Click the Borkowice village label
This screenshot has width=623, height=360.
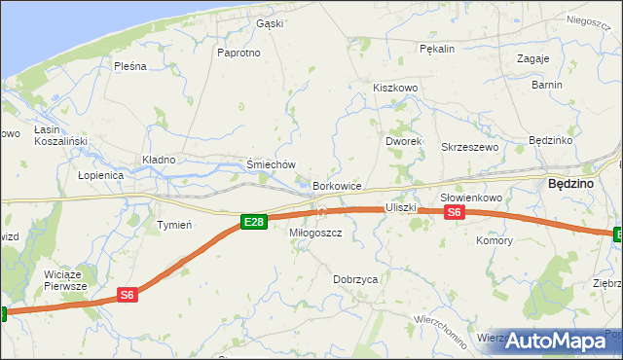pyautogui.click(x=338, y=185)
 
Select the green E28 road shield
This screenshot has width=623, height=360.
pyautogui.click(x=253, y=223)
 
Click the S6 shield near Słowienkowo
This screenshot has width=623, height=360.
pyautogui.click(x=456, y=213)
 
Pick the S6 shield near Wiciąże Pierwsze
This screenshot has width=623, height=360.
pyautogui.click(x=127, y=294)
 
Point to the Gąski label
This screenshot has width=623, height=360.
pyautogui.click(x=269, y=23)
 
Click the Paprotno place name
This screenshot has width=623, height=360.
pyautogui.click(x=239, y=53)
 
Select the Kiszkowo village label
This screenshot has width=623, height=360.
pyautogui.click(x=395, y=88)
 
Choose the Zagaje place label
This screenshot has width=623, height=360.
pyautogui.click(x=533, y=58)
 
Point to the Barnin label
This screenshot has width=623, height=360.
pyautogui.click(x=547, y=85)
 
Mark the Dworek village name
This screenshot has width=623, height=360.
pyautogui.click(x=402, y=141)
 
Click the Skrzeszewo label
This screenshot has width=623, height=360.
pyautogui.click(x=470, y=147)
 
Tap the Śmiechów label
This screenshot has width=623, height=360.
pyautogui.click(x=271, y=165)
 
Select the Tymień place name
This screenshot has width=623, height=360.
pyautogui.click(x=174, y=225)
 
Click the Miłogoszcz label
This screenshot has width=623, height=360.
pyautogui.click(x=315, y=234)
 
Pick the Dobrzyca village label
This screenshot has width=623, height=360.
pyautogui.click(x=355, y=279)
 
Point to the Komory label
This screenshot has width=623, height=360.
pyautogui.click(x=494, y=239)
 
